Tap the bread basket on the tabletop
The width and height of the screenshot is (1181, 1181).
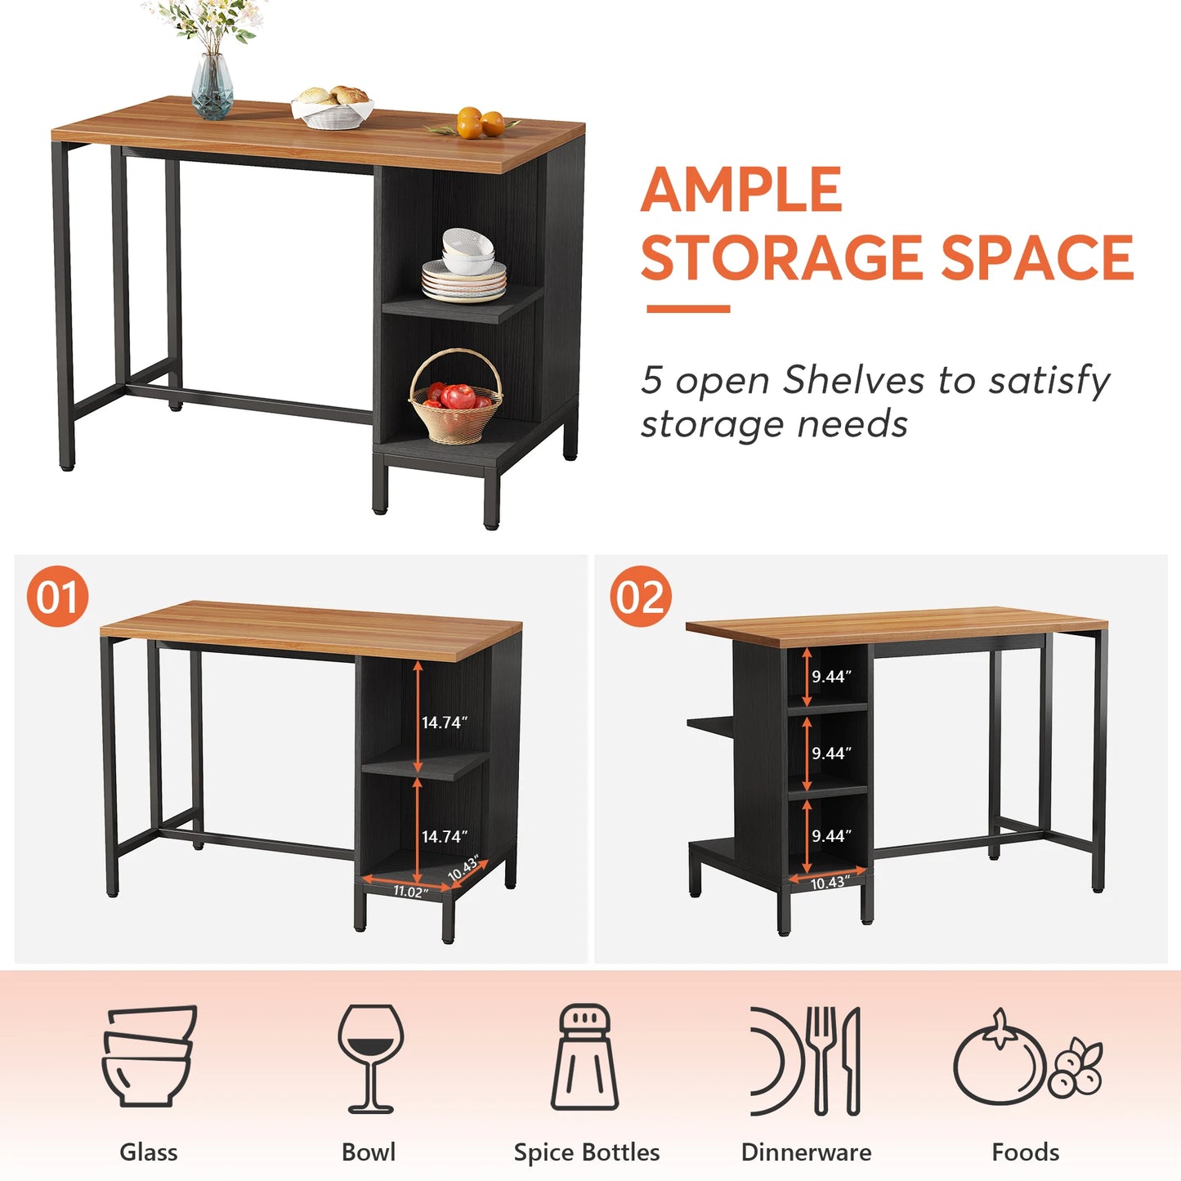pyautogui.click(x=333, y=108)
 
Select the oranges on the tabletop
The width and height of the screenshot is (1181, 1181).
pyautogui.click(x=480, y=123)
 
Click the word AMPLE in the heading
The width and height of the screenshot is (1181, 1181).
pyautogui.click(x=741, y=190)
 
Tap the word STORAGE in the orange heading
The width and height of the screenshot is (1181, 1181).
pyautogui.click(x=784, y=258)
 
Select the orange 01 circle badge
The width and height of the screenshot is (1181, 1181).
pyautogui.click(x=57, y=597)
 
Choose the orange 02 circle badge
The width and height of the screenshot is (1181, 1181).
pyautogui.click(x=641, y=597)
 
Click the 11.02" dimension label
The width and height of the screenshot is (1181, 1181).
pyautogui.click(x=409, y=892)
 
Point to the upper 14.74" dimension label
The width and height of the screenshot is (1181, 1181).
pyautogui.click(x=445, y=722)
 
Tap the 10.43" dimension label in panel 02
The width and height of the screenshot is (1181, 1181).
pyautogui.click(x=829, y=883)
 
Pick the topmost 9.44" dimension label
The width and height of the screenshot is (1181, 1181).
pyautogui.click(x=831, y=677)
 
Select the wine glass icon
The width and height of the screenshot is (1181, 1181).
pyautogui.click(x=370, y=1058)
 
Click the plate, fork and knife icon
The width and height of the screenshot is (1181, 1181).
pyautogui.click(x=806, y=1060)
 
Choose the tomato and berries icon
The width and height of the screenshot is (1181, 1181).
pyautogui.click(x=1027, y=1058)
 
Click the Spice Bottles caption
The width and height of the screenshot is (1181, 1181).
pyautogui.click(x=586, y=1152)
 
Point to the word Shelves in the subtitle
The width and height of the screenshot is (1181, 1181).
pyautogui.click(x=853, y=381)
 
